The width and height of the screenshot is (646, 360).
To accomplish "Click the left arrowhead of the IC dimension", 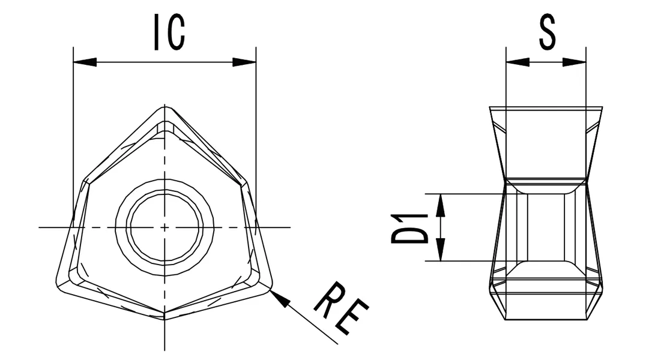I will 85,62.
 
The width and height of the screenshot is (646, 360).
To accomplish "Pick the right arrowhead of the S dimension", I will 575,62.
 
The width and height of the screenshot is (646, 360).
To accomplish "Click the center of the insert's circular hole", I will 165,227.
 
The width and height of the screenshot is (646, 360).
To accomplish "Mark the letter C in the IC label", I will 175,32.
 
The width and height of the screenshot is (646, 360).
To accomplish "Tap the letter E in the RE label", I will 351,318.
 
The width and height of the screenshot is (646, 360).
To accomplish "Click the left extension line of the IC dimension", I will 73,120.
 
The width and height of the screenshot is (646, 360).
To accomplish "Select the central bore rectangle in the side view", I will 546,227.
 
